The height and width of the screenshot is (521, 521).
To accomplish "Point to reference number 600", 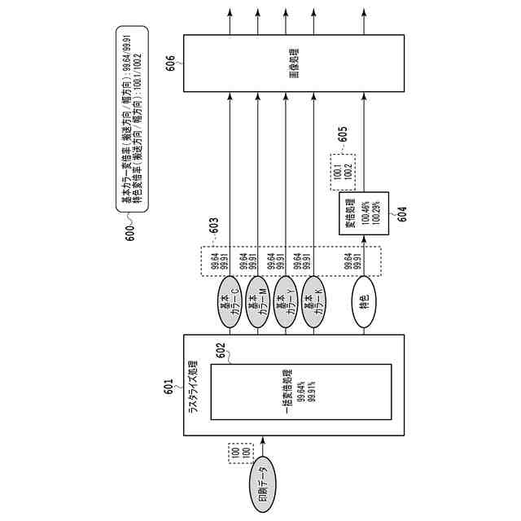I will coord(130,231).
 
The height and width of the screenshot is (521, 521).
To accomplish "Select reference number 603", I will coord(213,221).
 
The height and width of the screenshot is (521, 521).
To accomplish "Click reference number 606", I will coord(170,63).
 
